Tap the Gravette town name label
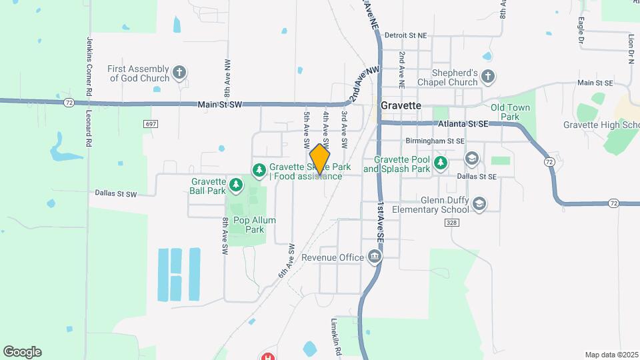point(401,105)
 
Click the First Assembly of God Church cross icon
point(179,73)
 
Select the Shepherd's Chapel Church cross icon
point(488,77)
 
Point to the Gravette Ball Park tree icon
point(235,184)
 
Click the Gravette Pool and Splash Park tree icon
point(440,163)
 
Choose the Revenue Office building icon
point(375,257)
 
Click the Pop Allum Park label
point(251,225)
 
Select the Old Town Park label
point(510,112)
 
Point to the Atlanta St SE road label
point(463,124)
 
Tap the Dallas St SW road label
point(115,193)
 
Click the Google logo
point(22,351)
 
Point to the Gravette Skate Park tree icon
point(259,171)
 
